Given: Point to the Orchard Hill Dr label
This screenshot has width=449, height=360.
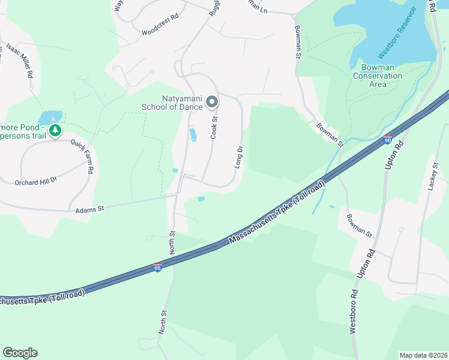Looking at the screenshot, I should [x=35, y=179].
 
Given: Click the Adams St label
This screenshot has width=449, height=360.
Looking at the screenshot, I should [x=90, y=209].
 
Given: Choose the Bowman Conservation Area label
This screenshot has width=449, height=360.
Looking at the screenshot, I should [x=378, y=76].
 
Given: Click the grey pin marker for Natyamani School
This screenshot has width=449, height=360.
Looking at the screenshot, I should [x=211, y=103].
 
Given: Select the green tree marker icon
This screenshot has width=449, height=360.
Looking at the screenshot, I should [x=55, y=130].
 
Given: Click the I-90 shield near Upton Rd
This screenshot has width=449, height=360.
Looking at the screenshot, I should [x=388, y=140].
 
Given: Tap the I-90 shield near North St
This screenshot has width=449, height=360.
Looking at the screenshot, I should [x=157, y=268].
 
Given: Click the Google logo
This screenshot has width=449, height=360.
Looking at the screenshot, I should [x=20, y=353].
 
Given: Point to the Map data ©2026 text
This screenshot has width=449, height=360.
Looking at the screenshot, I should [x=423, y=355].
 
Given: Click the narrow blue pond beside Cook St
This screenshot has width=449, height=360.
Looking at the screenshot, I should [x=193, y=134].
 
